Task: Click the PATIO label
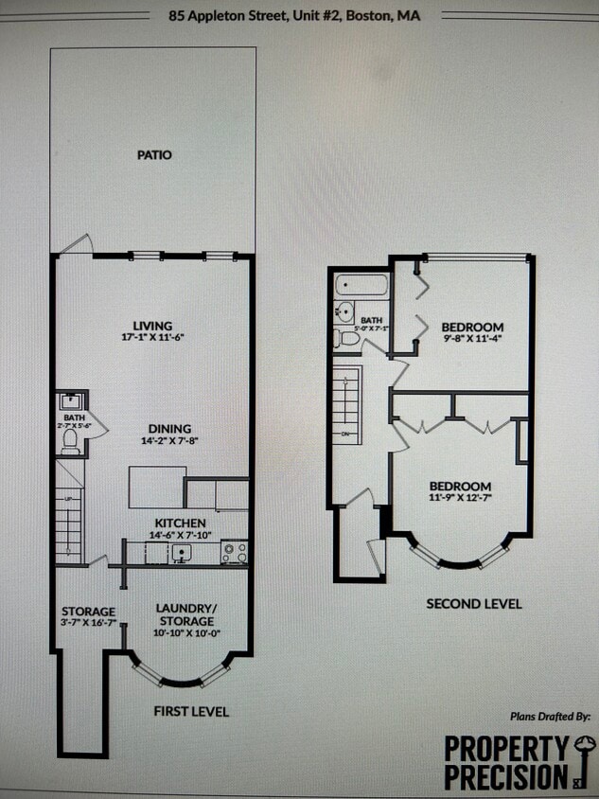153,154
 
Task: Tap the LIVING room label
152,327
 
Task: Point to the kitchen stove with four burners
234,552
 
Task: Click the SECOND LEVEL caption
473,603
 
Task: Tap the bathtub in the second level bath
361,285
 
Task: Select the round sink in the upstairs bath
344,311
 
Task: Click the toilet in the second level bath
347,338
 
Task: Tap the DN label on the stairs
346,435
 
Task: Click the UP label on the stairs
67,498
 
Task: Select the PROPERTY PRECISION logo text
505,763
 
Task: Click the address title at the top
295,16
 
